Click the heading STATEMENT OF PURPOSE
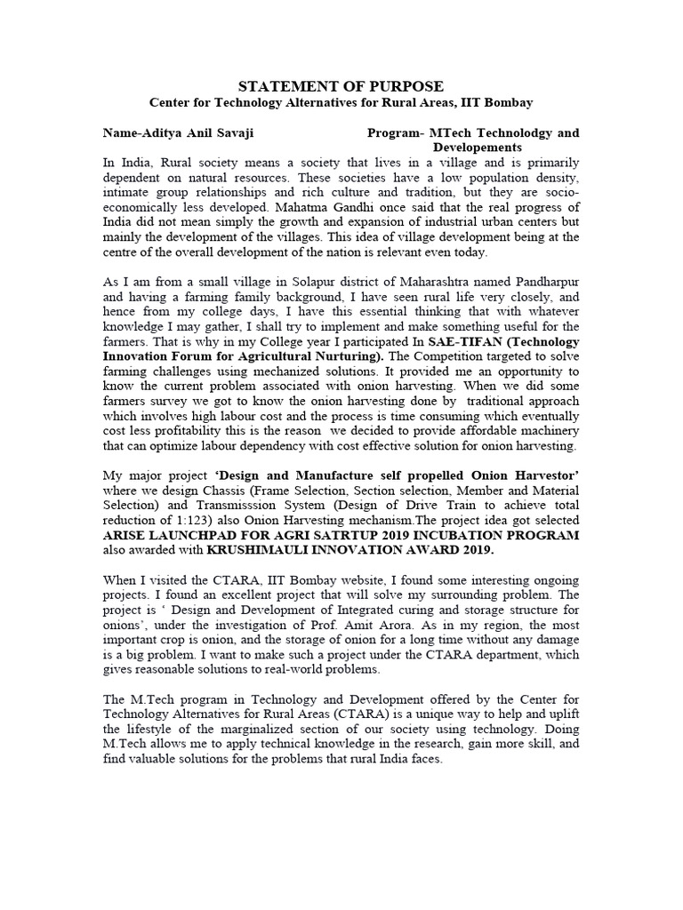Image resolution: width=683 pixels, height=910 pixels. (x=342, y=86)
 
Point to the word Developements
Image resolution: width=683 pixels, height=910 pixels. (x=478, y=147)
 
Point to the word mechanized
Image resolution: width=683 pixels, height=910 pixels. (x=337, y=371)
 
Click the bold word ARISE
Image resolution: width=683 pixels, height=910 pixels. (x=125, y=535)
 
